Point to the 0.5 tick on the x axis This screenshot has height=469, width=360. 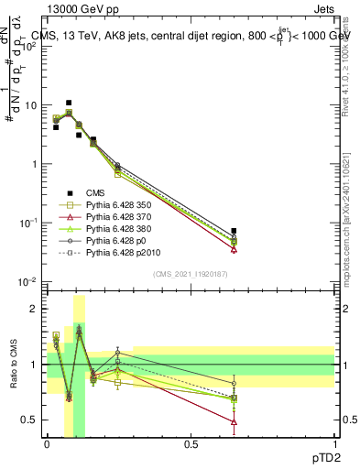click(191, 443)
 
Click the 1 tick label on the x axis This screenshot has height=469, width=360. click(334, 443)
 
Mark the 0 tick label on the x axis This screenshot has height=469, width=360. click(48, 443)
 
